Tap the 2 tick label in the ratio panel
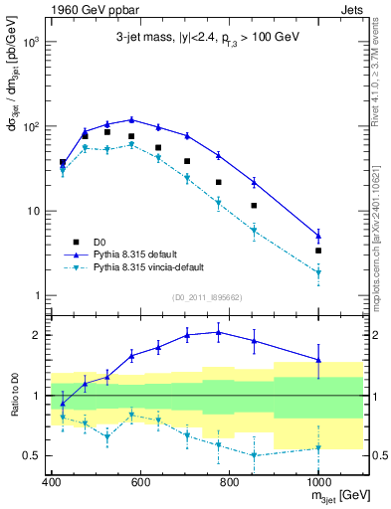point(38,335)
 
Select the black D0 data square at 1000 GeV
point(318,251)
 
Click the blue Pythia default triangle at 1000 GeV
point(318,236)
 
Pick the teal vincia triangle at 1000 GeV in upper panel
point(318,272)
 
